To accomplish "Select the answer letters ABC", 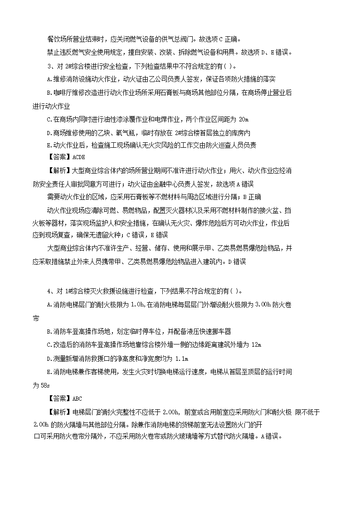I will [x=78, y=398].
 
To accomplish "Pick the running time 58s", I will [x=39, y=385].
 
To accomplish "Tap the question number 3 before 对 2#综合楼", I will [x=49, y=67].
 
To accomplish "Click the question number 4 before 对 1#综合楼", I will [x=49, y=291].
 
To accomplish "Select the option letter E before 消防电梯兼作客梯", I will [x=49, y=372].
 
